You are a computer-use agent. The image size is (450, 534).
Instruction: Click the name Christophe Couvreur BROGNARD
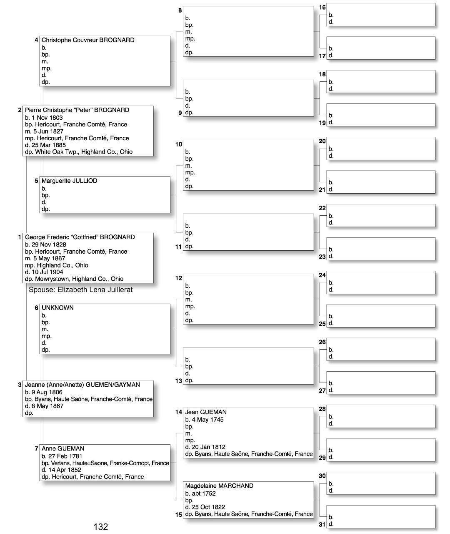point(88,40)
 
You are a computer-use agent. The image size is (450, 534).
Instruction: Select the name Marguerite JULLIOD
point(69,181)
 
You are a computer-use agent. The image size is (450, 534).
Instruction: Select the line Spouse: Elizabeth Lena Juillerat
point(80,290)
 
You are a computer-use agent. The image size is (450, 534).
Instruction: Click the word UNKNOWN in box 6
point(57,308)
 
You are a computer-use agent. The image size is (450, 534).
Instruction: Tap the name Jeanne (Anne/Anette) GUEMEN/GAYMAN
point(82,385)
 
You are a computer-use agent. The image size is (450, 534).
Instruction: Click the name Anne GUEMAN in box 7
point(63,448)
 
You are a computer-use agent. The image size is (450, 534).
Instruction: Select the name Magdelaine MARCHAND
point(219,486)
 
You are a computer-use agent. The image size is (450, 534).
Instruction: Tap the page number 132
point(101,526)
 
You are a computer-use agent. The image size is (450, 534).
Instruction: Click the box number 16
point(322,8)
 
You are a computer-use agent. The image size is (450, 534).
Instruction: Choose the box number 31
point(322,524)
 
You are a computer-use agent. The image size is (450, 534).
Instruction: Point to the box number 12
point(178,278)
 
